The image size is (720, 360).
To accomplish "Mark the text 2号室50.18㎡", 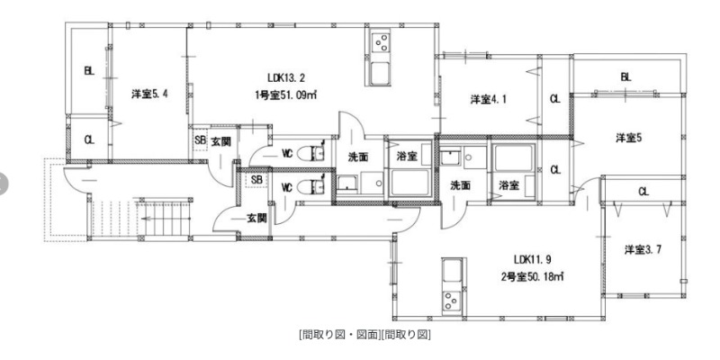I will [x=534, y=276].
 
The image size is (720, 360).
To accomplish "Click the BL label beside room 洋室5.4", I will [x=88, y=71].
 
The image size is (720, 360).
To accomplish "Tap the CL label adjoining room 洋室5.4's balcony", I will [x=88, y=139].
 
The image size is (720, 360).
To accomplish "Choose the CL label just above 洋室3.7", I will [x=643, y=191].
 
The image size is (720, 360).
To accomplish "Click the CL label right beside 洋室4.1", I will [x=554, y=99].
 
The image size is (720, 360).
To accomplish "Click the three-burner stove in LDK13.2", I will [x=380, y=43].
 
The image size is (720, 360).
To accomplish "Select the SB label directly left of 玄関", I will [x=200, y=141].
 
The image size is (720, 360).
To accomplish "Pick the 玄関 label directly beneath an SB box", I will [x=255, y=218].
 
